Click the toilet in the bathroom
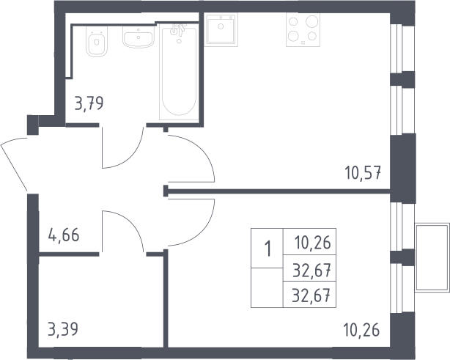97,42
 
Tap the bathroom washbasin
139,37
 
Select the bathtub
179,72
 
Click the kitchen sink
221,29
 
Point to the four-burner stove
303,30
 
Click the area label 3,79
89,103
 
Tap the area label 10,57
363,173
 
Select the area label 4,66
64,235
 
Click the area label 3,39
63,329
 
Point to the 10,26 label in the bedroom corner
361,330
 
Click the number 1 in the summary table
268,249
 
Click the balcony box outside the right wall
432,257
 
